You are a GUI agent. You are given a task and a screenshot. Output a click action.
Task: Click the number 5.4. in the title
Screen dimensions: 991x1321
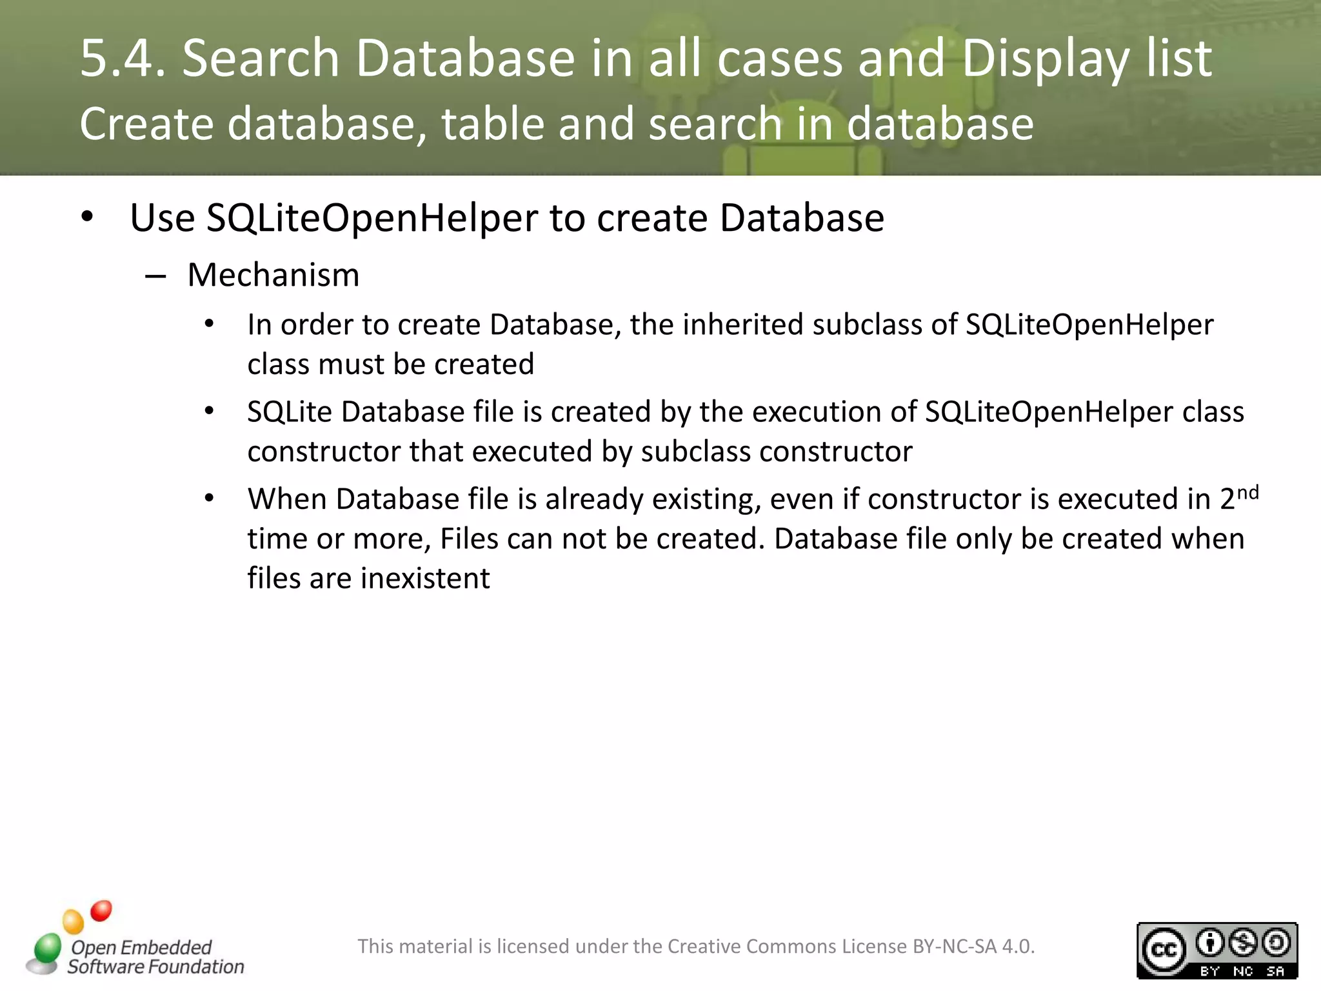(123, 58)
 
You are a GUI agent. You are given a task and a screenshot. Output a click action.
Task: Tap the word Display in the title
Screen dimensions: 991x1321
(1045, 58)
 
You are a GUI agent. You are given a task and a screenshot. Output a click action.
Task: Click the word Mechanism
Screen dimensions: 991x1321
(273, 275)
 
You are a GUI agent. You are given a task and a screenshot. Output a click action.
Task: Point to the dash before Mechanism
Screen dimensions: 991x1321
(155, 277)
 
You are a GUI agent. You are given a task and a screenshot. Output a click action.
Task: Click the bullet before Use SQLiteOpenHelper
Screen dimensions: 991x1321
(88, 217)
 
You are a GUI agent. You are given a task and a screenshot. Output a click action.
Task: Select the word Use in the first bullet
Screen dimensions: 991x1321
(162, 218)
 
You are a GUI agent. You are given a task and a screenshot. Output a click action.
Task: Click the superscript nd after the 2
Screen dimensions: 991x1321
(1247, 494)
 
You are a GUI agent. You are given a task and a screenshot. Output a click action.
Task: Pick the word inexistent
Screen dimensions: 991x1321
(425, 578)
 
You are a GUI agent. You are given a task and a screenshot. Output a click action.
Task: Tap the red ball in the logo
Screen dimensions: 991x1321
(101, 910)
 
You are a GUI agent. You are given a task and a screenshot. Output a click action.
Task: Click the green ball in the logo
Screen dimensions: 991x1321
(47, 948)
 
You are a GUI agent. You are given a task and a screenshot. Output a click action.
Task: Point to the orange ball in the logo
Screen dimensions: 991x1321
(74, 921)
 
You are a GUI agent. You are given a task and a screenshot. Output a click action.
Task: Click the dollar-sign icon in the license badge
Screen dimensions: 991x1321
(1243, 943)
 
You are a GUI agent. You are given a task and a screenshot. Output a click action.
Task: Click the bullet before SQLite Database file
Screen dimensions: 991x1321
(209, 411)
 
